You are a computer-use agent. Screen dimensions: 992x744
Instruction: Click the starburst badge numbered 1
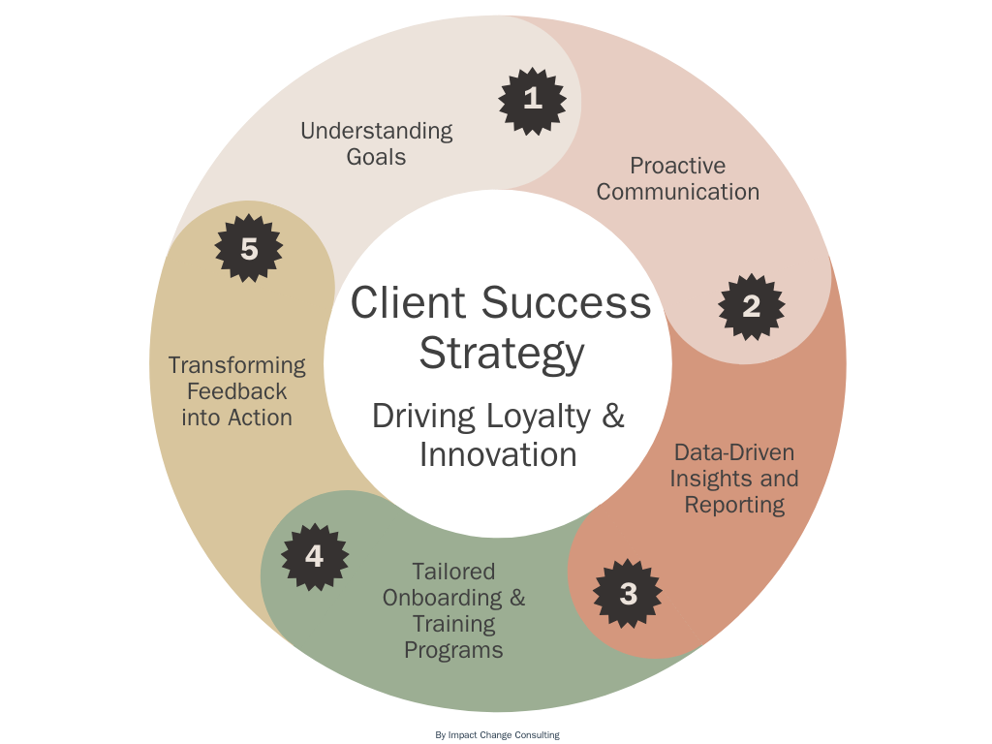click(532, 99)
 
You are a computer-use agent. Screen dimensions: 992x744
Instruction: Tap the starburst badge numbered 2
click(752, 306)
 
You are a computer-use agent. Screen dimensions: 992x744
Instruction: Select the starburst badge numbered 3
click(628, 593)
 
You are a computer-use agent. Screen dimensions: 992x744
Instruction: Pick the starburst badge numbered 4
click(314, 557)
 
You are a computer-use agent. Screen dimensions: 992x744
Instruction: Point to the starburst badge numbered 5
click(249, 249)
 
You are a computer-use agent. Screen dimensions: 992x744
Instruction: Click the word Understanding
click(376, 131)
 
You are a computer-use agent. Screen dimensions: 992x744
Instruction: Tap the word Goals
click(376, 157)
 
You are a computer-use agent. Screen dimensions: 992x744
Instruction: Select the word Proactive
click(677, 166)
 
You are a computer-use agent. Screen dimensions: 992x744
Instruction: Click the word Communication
click(677, 192)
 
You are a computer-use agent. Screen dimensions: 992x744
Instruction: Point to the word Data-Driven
click(733, 452)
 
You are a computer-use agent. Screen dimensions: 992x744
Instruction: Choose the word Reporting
click(733, 505)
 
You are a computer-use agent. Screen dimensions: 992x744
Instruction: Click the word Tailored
click(453, 572)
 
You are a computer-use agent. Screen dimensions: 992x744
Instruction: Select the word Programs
click(453, 650)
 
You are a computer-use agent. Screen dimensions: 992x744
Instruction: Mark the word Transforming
click(236, 365)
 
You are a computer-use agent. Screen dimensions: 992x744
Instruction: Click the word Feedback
click(236, 391)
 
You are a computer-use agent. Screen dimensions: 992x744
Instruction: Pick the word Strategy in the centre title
click(501, 354)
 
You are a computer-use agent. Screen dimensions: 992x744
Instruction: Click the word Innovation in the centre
click(498, 454)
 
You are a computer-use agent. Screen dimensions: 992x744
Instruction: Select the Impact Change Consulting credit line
click(497, 735)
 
